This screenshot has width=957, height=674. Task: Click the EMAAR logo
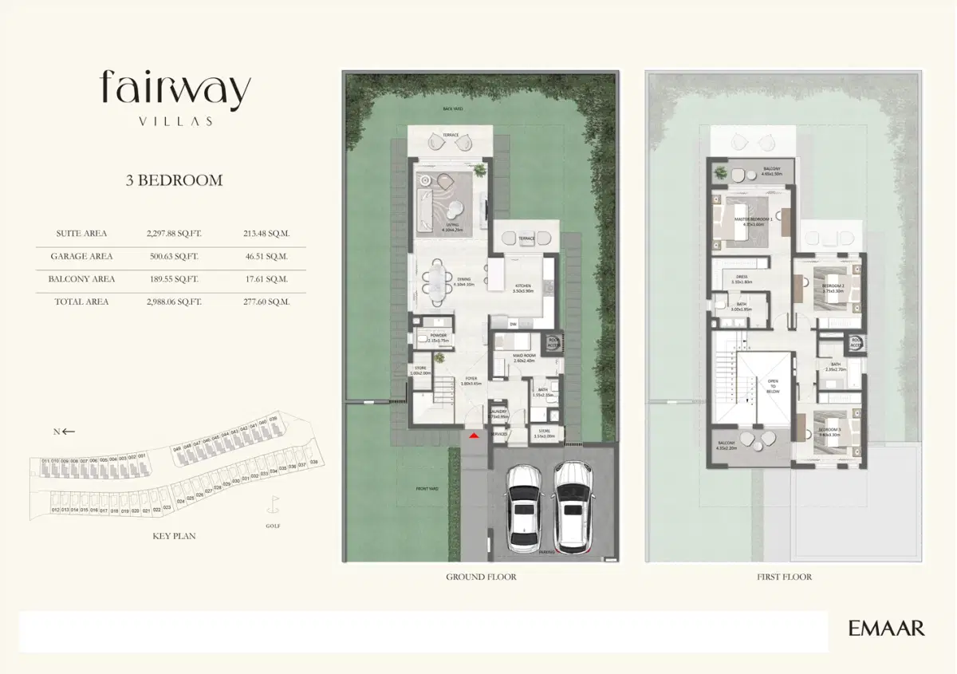click(886, 629)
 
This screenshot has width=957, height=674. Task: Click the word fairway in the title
click(175, 90)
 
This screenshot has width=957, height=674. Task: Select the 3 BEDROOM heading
click(174, 180)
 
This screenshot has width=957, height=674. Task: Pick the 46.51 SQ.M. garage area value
click(266, 257)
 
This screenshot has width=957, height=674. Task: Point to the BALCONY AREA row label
click(81, 279)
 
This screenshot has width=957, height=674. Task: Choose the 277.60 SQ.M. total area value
click(266, 302)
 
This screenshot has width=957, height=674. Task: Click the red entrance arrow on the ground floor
click(475, 435)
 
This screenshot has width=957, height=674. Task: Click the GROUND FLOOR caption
click(481, 577)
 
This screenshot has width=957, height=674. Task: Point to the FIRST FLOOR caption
click(784, 577)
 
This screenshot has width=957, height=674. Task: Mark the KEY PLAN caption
click(174, 536)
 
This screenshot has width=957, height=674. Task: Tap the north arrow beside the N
click(69, 432)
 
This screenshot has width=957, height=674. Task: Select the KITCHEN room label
click(523, 286)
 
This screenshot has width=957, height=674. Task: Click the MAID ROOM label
click(523, 355)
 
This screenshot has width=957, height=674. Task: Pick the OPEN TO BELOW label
click(772, 387)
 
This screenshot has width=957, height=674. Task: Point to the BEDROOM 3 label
click(829, 429)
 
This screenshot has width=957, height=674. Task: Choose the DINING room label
click(463, 279)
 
